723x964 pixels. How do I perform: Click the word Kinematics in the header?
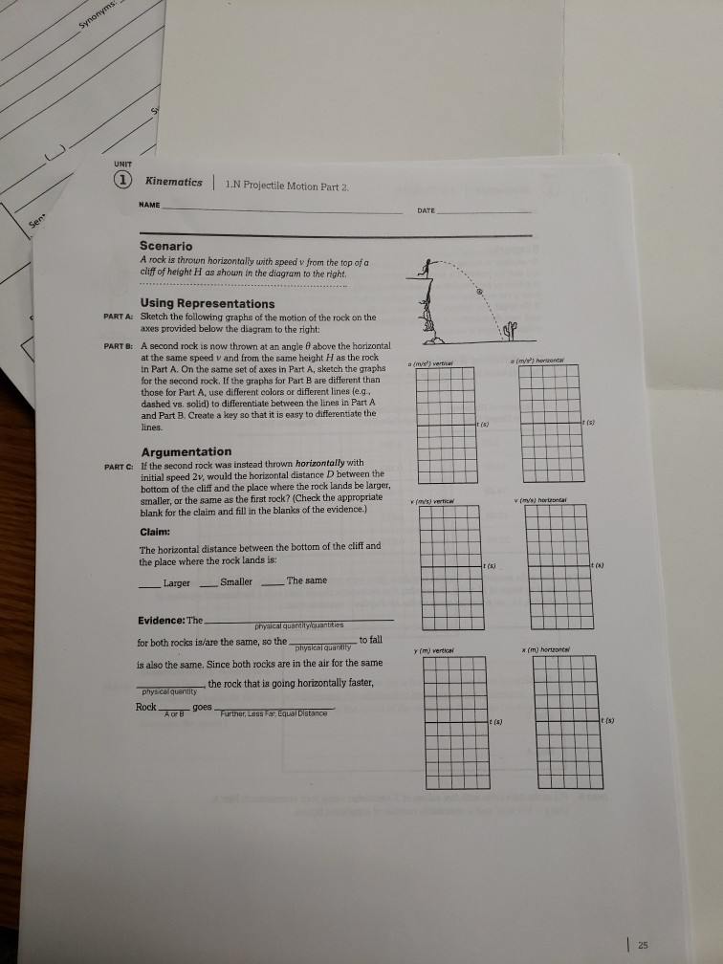click(x=173, y=182)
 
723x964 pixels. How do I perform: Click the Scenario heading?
click(x=166, y=246)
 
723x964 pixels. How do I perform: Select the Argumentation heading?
click(x=186, y=451)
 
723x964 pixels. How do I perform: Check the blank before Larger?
click(x=149, y=582)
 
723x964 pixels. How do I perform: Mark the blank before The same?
click(x=273, y=582)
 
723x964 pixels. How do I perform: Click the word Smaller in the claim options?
click(x=236, y=581)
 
